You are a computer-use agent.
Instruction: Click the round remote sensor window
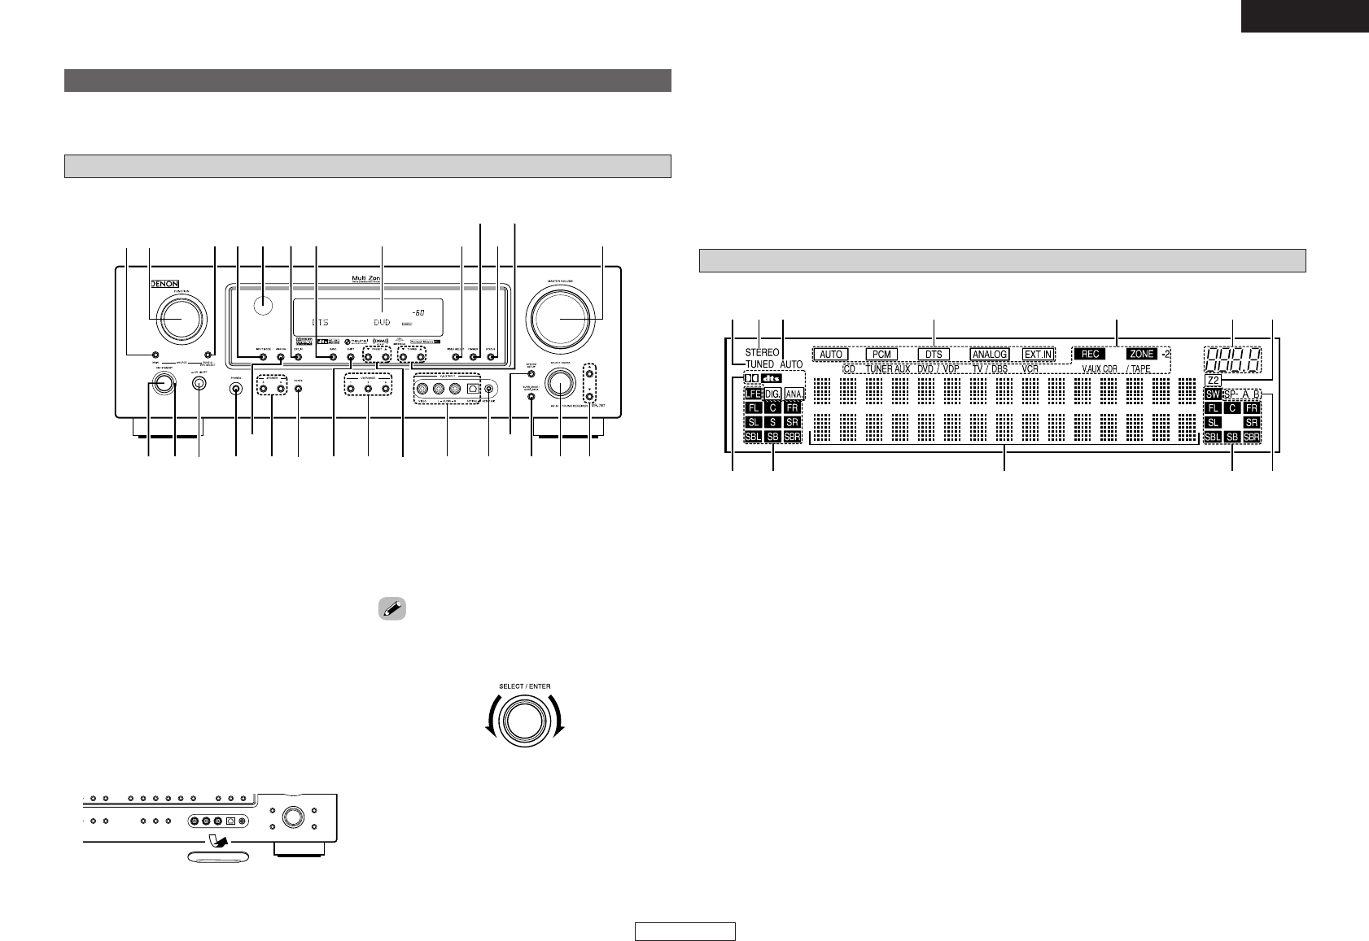coord(263,306)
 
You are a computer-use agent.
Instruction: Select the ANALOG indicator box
coord(989,355)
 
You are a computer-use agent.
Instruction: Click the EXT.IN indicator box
coord(1037,355)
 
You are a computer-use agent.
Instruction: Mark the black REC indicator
coord(1090,355)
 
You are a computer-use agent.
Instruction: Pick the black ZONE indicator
coord(1141,355)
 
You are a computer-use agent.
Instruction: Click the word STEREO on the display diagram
coord(762,354)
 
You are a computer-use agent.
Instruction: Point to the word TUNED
coord(759,364)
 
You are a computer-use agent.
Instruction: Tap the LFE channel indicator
coord(752,394)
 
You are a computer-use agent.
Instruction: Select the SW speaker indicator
coord(1213,394)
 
